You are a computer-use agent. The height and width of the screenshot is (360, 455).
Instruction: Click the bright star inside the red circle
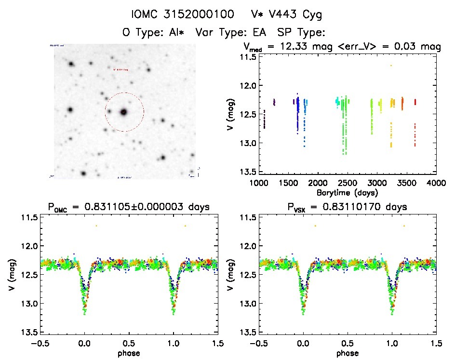[x=124, y=112]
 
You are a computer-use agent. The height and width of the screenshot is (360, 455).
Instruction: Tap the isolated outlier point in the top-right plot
[x=391, y=66]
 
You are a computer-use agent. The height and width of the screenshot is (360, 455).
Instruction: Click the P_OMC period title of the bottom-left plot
[x=128, y=207]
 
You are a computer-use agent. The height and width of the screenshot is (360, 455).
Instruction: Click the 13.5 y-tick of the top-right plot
[x=249, y=172]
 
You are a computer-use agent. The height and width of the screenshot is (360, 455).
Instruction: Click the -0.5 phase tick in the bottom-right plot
[x=258, y=343]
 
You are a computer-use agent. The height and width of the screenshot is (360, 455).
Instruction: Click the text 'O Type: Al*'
[x=151, y=33]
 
